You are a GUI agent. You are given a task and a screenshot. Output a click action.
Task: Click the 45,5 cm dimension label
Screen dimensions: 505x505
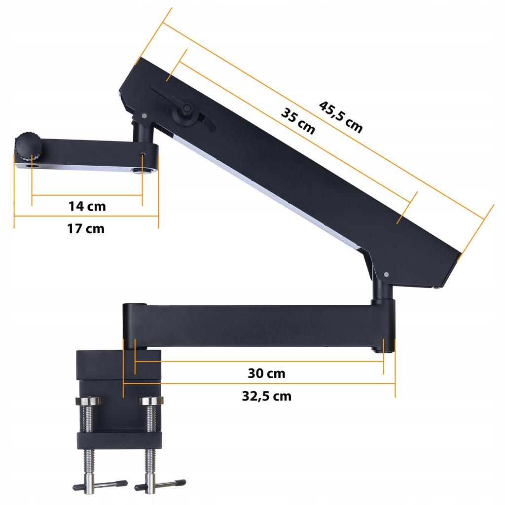pyautogui.click(x=341, y=117)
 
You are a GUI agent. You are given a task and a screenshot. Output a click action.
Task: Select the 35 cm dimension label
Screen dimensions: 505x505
pyautogui.click(x=298, y=121)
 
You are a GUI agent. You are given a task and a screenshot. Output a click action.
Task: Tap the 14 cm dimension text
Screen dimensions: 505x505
pyautogui.click(x=87, y=206)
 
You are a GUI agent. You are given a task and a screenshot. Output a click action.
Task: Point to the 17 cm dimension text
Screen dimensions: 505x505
pyautogui.click(x=86, y=229)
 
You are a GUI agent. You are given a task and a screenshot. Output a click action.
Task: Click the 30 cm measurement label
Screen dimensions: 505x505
pyautogui.click(x=266, y=373)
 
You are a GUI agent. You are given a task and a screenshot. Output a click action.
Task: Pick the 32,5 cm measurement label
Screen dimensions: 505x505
pyautogui.click(x=266, y=397)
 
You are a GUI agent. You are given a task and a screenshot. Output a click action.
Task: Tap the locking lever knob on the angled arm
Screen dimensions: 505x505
pyautogui.click(x=186, y=109)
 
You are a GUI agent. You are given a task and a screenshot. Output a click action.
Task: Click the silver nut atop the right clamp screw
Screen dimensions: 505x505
pyautogui.click(x=151, y=401)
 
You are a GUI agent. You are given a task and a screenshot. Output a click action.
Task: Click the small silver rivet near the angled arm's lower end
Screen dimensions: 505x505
pyautogui.click(x=386, y=274)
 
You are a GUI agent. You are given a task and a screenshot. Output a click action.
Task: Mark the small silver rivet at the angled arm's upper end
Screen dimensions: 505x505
pyautogui.click(x=144, y=116)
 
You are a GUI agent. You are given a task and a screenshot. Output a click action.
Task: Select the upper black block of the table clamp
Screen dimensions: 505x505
pyautogui.click(x=118, y=365)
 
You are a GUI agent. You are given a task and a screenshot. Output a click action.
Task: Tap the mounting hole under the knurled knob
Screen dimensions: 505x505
pyautogui.click(x=33, y=166)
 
